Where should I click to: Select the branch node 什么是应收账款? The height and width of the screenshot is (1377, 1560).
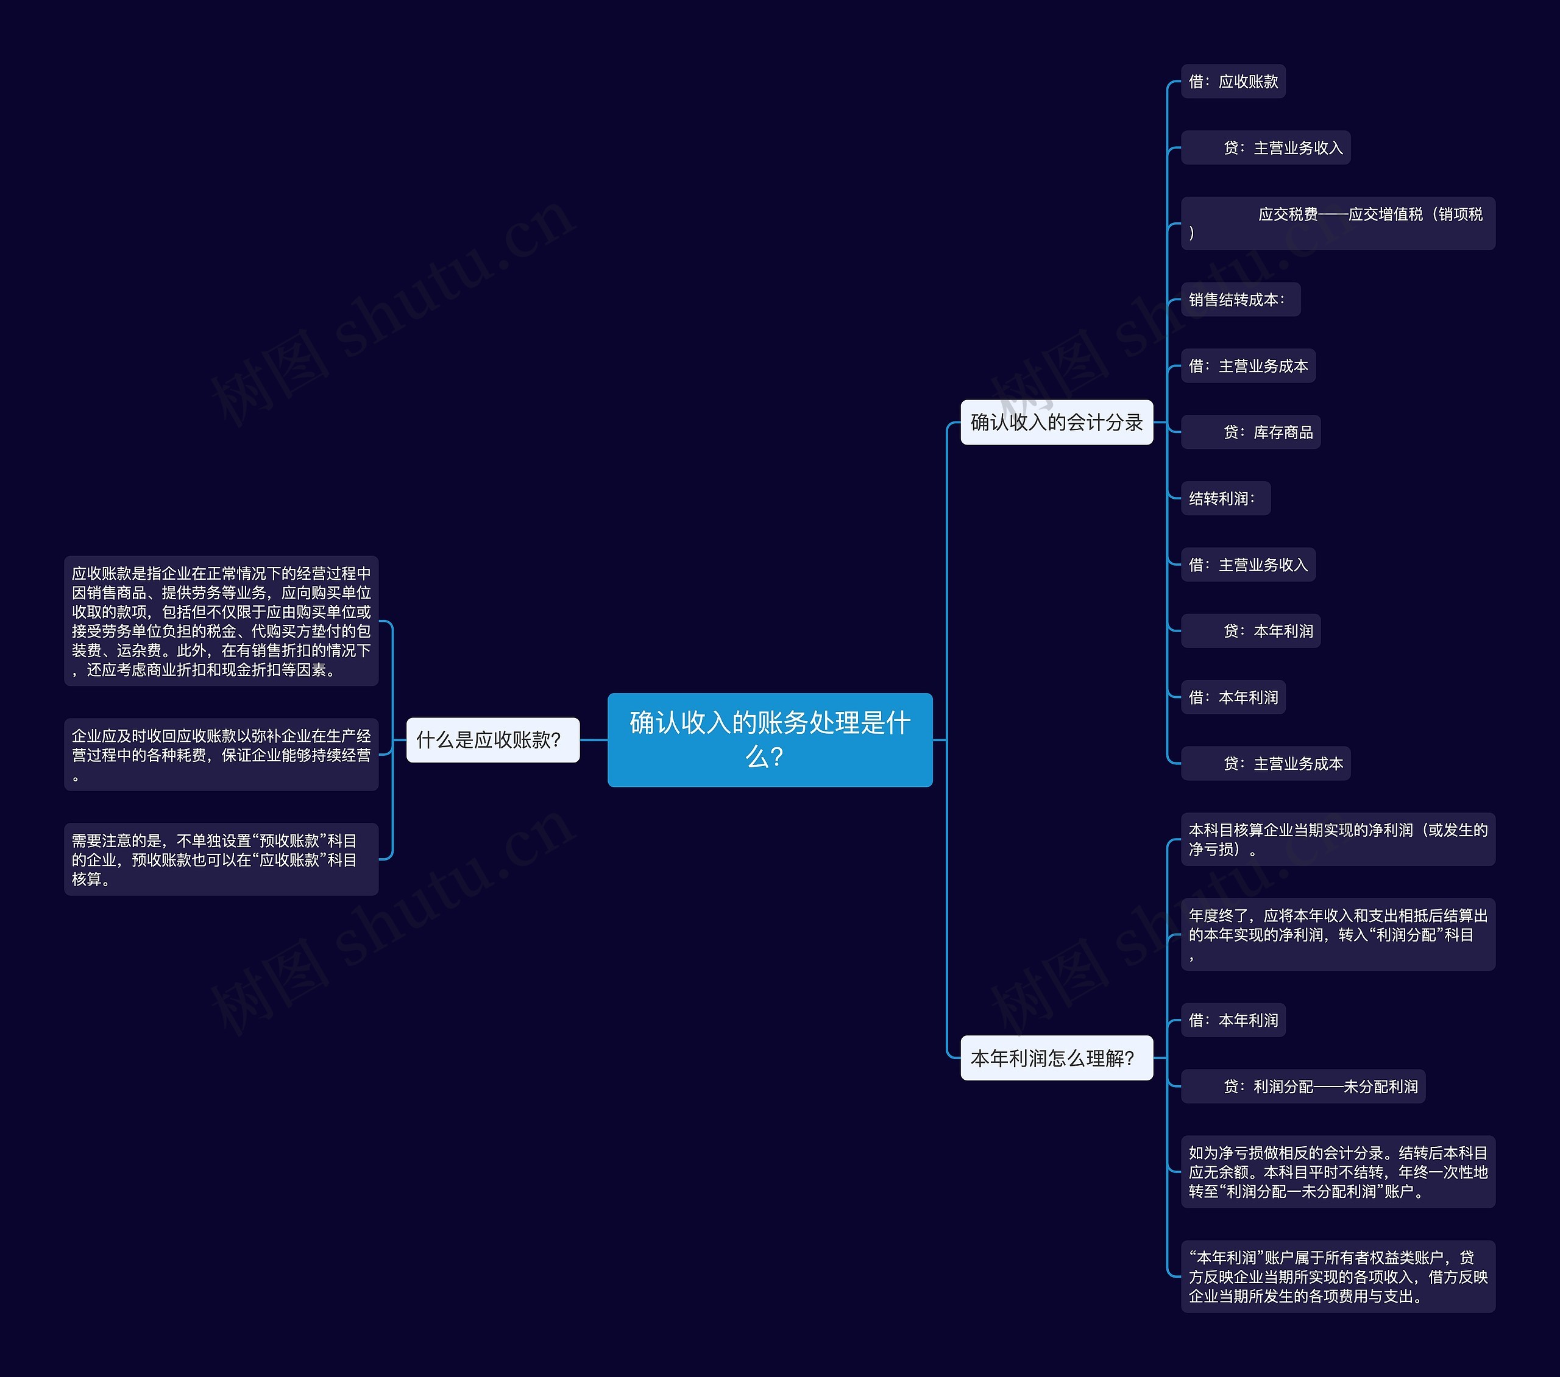point(492,739)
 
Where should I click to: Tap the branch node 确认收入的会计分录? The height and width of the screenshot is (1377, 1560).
point(1056,422)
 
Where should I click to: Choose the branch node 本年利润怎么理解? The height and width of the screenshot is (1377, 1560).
point(1056,1057)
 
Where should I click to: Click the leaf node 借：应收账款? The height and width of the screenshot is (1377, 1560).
point(1233,82)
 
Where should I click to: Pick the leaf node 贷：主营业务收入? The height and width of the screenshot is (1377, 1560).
point(1266,148)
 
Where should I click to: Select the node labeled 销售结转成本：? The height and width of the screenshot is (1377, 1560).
point(1240,300)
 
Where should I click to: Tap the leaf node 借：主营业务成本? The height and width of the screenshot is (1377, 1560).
point(1248,366)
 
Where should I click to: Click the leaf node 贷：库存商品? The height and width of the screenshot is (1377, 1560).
point(1250,432)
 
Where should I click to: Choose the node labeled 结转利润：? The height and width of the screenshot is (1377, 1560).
point(1225,498)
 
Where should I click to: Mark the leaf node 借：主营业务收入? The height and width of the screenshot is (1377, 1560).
point(1248,565)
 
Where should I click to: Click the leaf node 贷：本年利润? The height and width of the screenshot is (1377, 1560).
point(1250,631)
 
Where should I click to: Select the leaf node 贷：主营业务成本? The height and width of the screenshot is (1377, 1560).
point(1266,764)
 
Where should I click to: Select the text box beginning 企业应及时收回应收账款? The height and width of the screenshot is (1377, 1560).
point(221,755)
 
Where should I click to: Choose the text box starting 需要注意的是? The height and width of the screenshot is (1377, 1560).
point(221,859)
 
